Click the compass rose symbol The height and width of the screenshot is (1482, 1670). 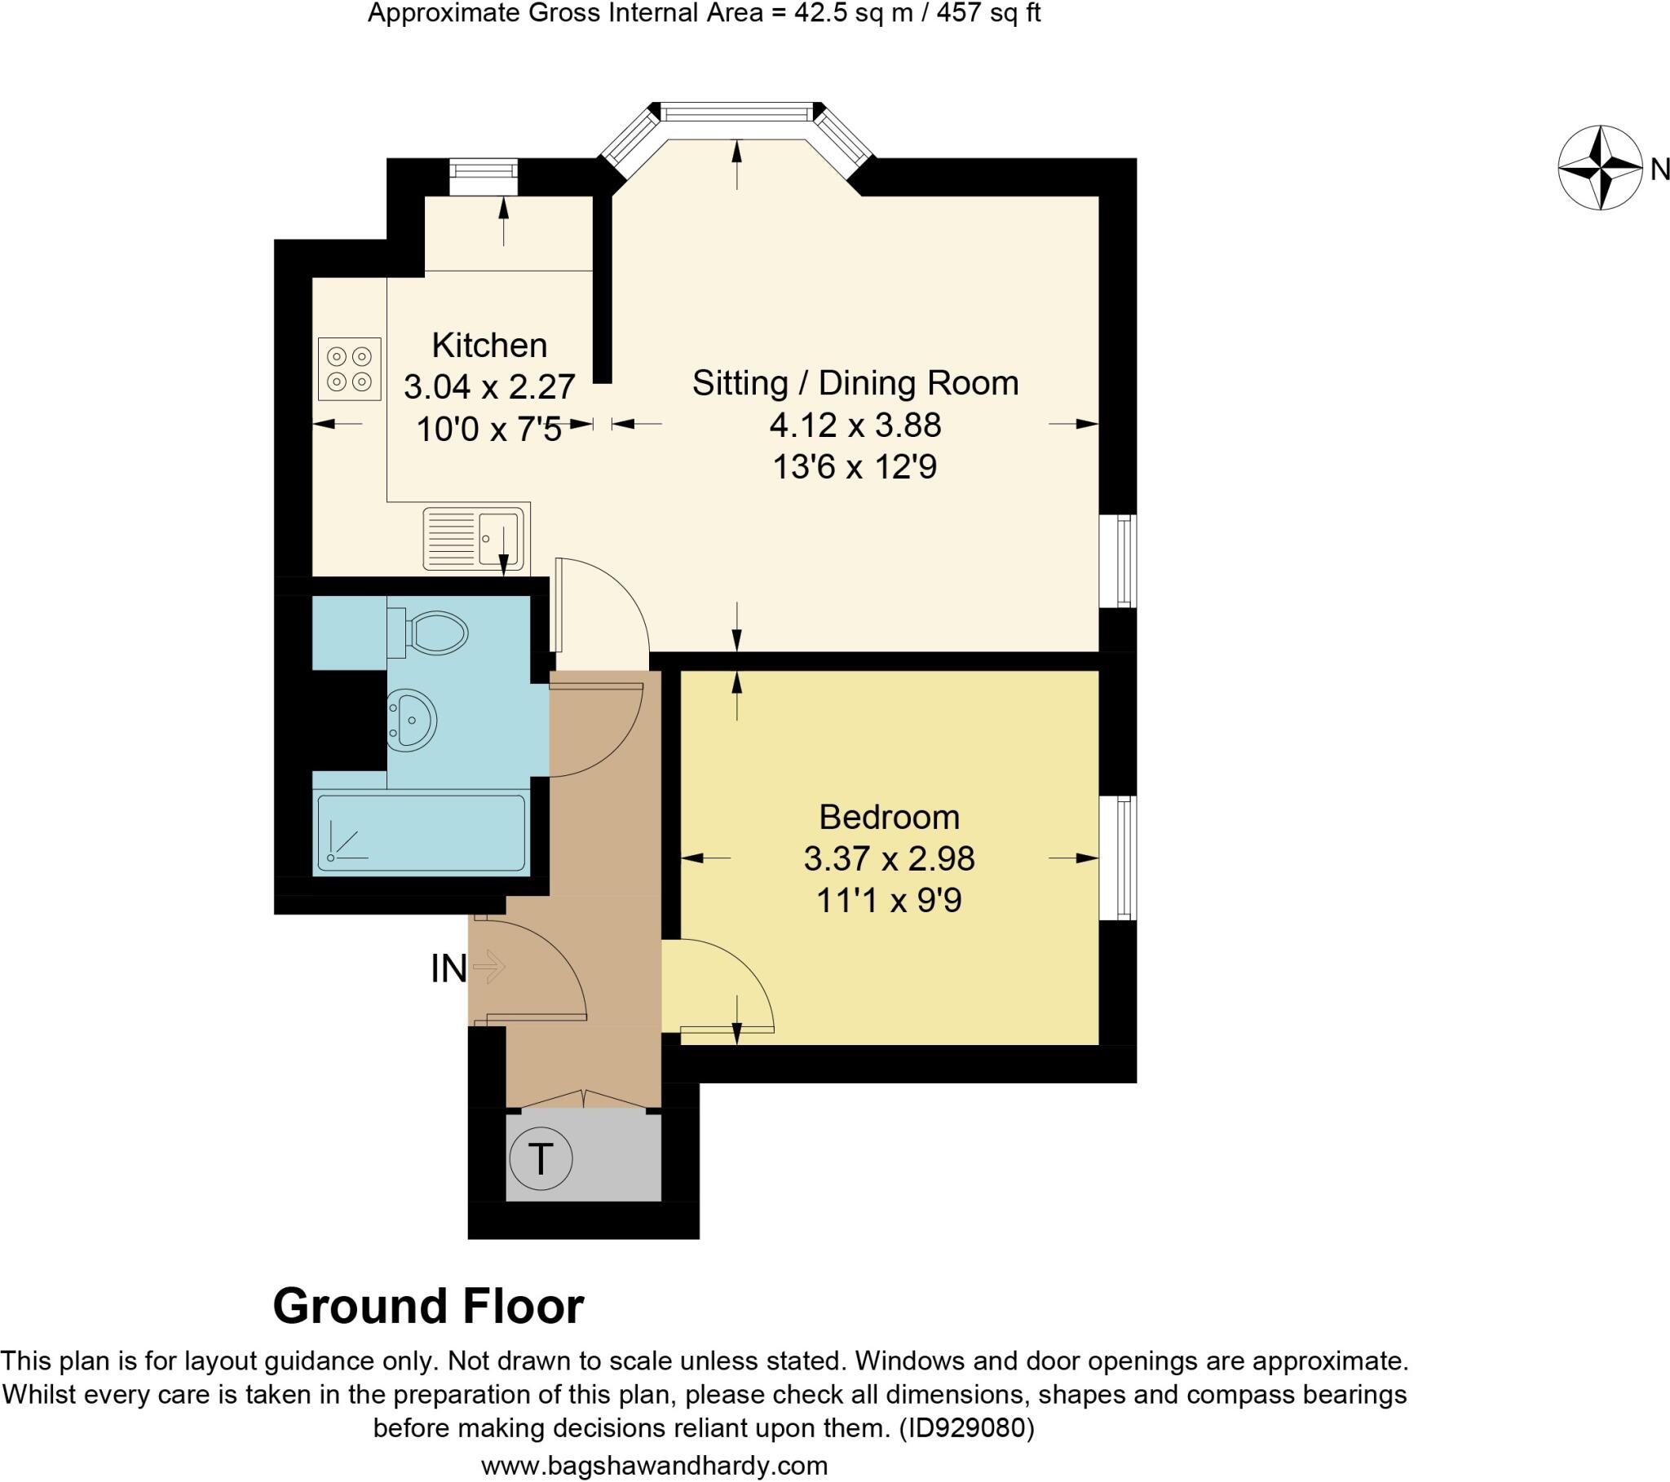point(1600,167)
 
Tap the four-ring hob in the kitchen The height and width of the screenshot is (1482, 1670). point(350,368)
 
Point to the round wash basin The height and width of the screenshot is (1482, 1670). point(413,720)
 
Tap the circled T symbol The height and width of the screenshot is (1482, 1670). point(540,1158)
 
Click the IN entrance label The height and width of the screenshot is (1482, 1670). point(448,970)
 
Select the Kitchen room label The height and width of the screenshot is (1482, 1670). point(488,346)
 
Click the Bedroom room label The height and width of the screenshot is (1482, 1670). point(889,817)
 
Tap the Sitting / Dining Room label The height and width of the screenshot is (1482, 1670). point(855,383)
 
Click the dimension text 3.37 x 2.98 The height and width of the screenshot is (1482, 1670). point(889,858)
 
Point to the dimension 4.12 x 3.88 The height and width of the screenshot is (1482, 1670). point(855,425)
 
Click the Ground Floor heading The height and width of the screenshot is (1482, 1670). point(428,1307)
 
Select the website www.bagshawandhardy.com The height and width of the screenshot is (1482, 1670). point(655,1465)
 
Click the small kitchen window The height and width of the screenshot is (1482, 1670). point(484,169)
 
